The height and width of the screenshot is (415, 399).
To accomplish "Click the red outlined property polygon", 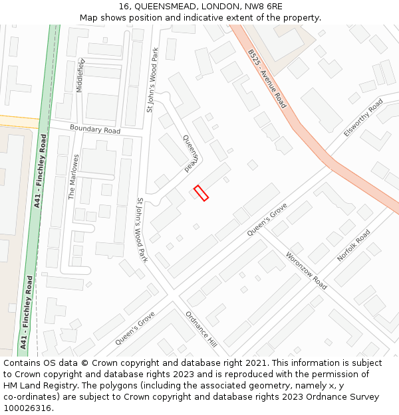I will click(x=201, y=193).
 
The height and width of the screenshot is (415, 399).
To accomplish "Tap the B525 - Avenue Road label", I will click(x=267, y=78).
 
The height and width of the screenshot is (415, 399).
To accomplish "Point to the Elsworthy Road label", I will click(x=363, y=118).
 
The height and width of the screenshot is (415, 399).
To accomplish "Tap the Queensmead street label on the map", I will click(x=191, y=152).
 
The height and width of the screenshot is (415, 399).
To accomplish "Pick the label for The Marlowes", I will click(x=74, y=177).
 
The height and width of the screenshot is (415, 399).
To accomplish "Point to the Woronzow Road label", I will click(x=306, y=270).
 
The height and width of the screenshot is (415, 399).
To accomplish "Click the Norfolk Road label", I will click(x=354, y=246).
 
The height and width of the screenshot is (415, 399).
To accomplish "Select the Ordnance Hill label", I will click(x=201, y=329).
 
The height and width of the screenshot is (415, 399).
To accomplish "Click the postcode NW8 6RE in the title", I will click(x=263, y=7).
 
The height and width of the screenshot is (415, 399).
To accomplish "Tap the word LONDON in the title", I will click(x=213, y=7).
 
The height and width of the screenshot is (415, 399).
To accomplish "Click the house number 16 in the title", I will click(x=124, y=7).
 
